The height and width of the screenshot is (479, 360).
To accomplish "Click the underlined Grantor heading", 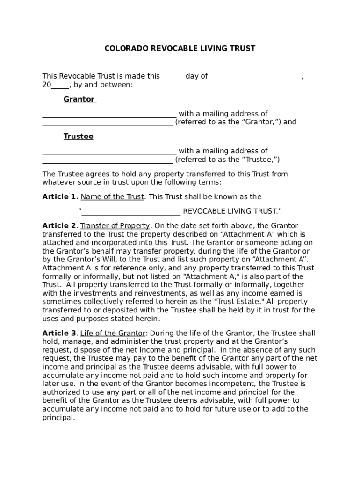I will tap(79, 99).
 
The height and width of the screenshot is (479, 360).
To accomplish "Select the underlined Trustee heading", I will tap(78, 137).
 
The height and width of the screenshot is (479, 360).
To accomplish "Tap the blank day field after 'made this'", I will tap(173, 77).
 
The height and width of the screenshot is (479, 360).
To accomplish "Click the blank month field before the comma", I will tap(255, 77).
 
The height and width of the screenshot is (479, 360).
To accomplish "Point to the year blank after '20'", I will tap(60, 85).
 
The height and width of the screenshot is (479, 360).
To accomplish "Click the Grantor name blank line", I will tap(109, 114).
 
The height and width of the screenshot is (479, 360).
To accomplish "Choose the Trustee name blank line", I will tap(109, 152).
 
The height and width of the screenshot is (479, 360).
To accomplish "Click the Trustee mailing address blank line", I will tap(108, 160).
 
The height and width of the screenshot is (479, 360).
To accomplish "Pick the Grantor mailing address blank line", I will tap(108, 123).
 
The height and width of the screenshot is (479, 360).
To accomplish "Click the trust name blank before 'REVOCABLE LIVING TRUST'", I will tap(131, 211).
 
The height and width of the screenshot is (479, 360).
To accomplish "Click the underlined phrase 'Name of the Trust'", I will tap(112, 197).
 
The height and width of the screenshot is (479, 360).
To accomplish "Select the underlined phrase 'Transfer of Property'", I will tap(115, 226).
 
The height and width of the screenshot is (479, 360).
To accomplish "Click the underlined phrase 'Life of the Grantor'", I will tap(113, 334).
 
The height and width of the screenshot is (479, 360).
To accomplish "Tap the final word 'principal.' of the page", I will tap(58, 418).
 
